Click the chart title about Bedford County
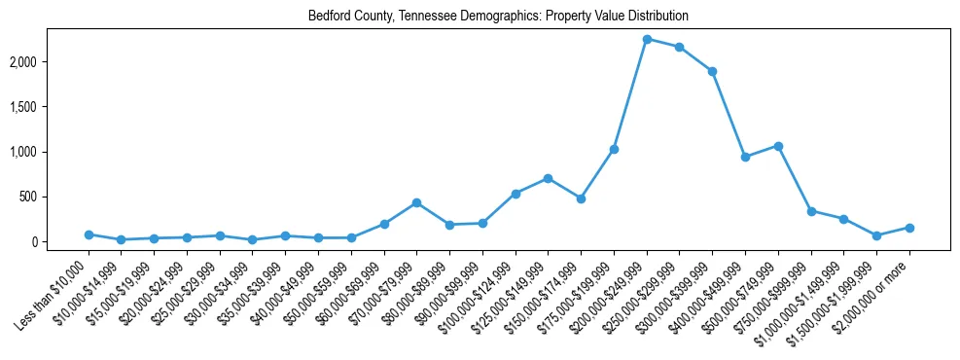pos(498,17)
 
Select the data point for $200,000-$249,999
pos(647,39)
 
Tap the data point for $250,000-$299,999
pos(679,47)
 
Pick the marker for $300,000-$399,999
pos(712,71)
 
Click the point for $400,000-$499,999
pos(745,157)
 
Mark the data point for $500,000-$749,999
pos(778,146)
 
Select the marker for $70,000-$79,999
pos(416,202)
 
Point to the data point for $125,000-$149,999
pos(548,178)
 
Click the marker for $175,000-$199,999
pos(614,149)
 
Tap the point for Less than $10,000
pos(89,234)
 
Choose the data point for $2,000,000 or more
pos(909,228)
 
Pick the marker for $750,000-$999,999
pos(811,210)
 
